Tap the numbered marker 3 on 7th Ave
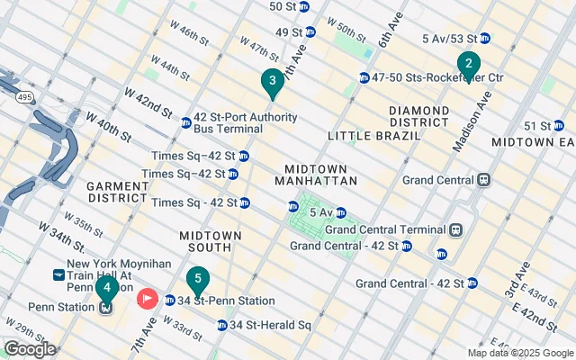pyautogui.click(x=272, y=83)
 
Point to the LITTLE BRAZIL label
pyautogui.click(x=374, y=136)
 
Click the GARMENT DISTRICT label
pyautogui.click(x=117, y=192)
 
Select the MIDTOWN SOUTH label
pyautogui.click(x=211, y=241)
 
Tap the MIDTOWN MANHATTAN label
pyautogui.click(x=319, y=175)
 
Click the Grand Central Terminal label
pyautogui.click(x=392, y=229)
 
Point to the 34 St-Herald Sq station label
pyautogui.click(x=270, y=325)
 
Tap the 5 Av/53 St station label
pyautogui.click(x=449, y=38)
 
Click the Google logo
pyautogui.click(x=30, y=349)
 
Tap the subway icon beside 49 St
pyautogui.click(x=310, y=32)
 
